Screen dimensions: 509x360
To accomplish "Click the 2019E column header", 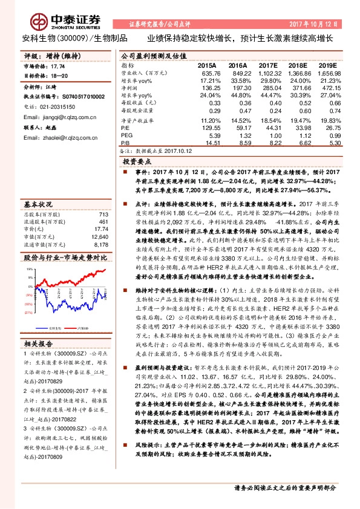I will point(327,64).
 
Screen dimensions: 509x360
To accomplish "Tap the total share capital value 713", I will point(103,215).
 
